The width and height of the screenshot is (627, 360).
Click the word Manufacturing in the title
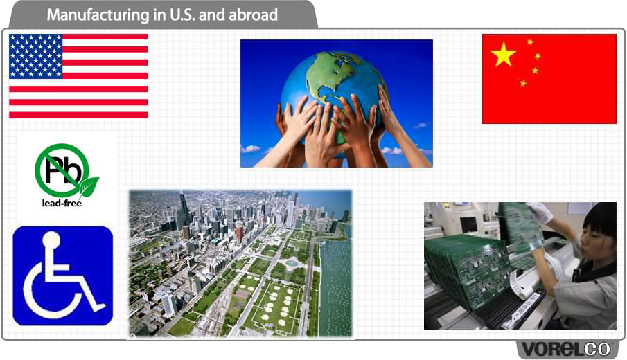pos(98,15)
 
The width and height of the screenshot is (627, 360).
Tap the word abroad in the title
pos(253,15)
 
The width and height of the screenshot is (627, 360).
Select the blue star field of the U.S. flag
pos(36,56)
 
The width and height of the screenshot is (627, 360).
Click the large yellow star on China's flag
pos(503,53)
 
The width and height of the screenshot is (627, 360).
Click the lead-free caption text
pos(62,203)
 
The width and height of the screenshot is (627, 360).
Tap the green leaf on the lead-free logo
pos(89,187)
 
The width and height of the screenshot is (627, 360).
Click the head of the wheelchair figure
pos(51,240)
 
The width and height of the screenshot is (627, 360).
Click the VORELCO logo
pos(565,349)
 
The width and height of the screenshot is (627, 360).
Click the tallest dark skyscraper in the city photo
pos(183,210)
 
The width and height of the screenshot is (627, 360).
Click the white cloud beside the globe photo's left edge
pos(251,149)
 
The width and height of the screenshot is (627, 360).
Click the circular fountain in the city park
pos(292,263)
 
